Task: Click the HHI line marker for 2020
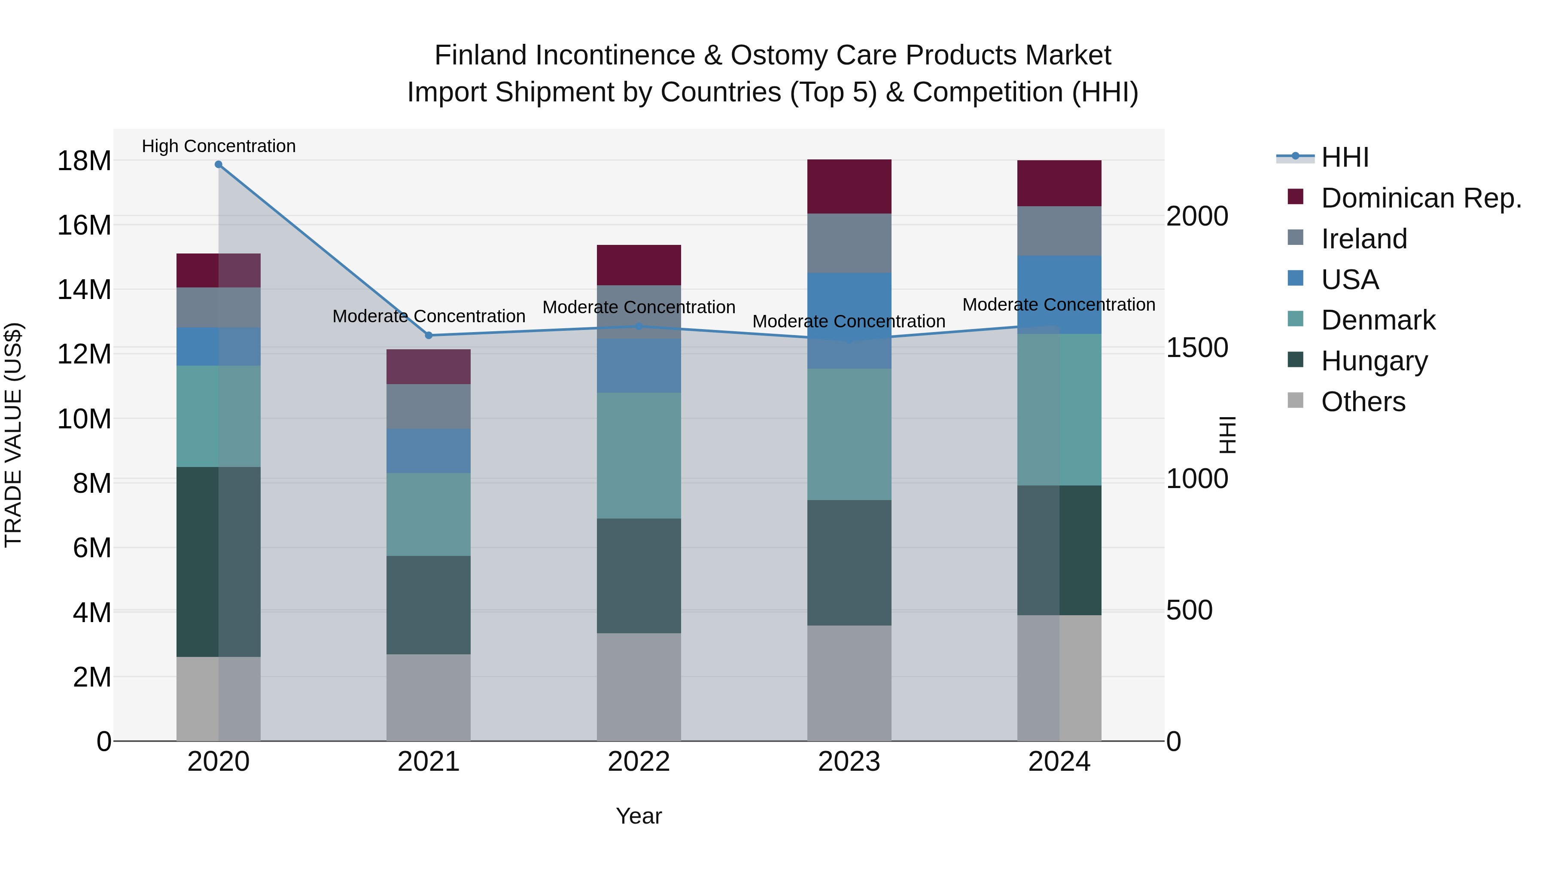219,165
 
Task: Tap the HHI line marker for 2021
429,336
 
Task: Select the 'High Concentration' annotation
219,147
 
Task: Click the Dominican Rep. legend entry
1421,198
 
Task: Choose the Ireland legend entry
1363,239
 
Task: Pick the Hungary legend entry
1374,361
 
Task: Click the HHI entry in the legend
1344,157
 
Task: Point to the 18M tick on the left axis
84,161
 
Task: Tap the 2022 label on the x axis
639,762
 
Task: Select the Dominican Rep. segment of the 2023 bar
849,187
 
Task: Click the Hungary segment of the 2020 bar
219,562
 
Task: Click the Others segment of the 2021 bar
429,697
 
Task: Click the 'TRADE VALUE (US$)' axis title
13,435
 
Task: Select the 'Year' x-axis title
639,816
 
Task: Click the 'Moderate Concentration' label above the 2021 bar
429,316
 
